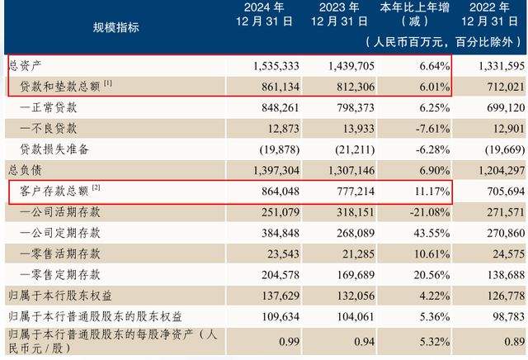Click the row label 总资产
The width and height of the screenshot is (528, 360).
pos(24,64)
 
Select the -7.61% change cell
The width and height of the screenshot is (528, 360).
pos(428,128)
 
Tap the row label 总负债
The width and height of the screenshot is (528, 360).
pos(24,170)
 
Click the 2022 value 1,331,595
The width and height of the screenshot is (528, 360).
pos(498,64)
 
